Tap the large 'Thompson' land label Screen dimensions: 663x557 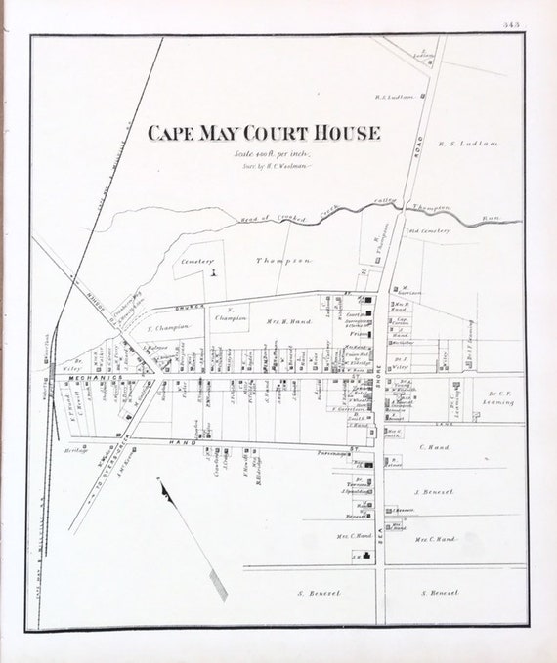coord(283,261)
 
